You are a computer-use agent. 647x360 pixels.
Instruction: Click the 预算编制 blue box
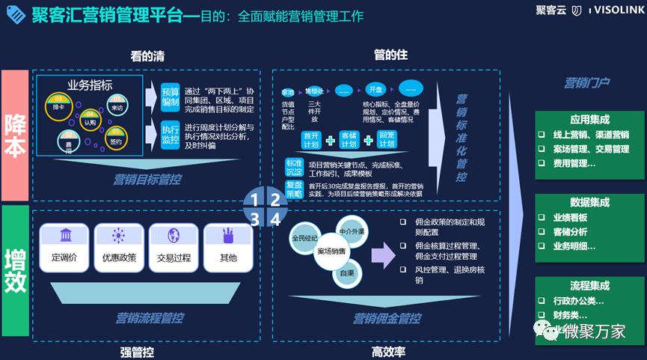click(x=171, y=97)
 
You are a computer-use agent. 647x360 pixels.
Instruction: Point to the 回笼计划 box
click(x=387, y=140)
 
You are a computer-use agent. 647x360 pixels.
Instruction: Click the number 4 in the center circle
click(x=275, y=219)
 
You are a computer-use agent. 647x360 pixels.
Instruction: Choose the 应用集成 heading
click(x=589, y=119)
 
